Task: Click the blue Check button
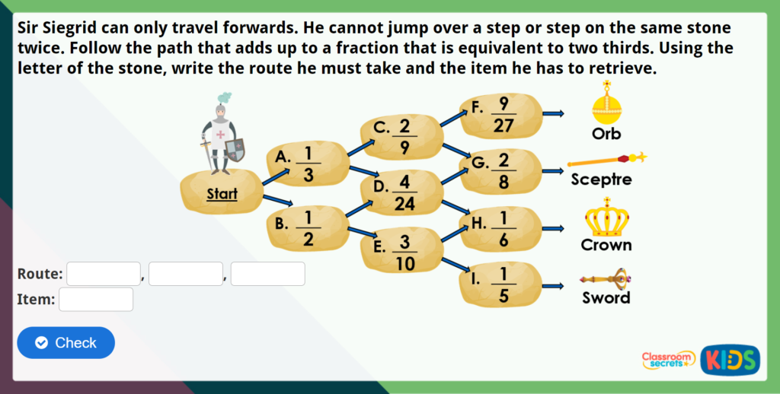(66, 343)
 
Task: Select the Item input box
(96, 300)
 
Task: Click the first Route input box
(104, 274)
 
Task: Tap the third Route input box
(268, 274)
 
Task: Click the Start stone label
(222, 195)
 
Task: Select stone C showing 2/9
(400, 135)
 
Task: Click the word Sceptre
(601, 180)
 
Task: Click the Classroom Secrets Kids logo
(701, 359)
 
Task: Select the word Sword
(606, 298)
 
